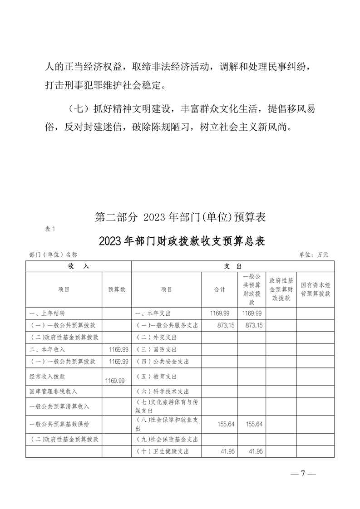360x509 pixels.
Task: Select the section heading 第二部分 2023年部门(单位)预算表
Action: [180, 218]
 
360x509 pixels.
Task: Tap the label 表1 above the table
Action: [50, 229]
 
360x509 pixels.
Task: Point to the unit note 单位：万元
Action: [313, 255]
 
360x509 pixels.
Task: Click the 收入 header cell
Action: [79, 266]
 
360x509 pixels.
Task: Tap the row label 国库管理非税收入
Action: [53, 391]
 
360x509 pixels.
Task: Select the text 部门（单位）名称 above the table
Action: [53, 255]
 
